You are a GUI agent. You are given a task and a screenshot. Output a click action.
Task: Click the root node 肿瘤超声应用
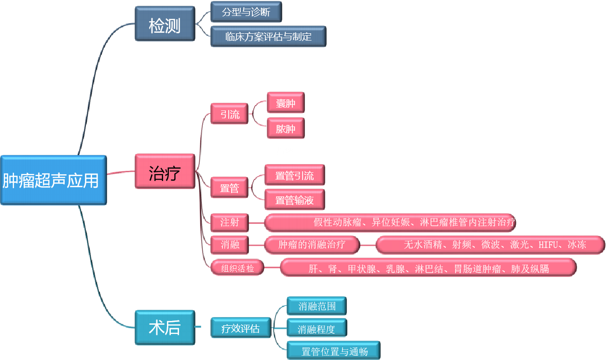pos(53,180)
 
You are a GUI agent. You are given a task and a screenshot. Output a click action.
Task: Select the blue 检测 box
pos(165,24)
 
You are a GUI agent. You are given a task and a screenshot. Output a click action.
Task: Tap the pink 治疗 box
pos(165,171)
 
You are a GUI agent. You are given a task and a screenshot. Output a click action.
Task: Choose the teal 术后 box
pos(165,327)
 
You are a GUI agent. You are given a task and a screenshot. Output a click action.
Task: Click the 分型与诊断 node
pos(246,12)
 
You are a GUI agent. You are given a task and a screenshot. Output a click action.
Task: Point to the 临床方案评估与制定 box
pos(268,36)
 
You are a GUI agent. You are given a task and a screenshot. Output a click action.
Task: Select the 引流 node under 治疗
pos(230,114)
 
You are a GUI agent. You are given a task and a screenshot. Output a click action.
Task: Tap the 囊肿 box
pos(286,103)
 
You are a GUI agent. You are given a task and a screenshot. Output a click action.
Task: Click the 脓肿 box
pos(286,128)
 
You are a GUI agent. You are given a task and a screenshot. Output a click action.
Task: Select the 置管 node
pos(230,188)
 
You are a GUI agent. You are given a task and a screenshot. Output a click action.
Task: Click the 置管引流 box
pos(294,175)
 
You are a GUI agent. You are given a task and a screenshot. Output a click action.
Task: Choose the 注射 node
pos(230,222)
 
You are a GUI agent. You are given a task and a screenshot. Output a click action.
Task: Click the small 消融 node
pos(230,245)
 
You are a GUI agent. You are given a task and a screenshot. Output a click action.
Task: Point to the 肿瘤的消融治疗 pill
pos(312,245)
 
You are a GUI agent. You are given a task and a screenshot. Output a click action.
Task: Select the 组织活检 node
pos(237,268)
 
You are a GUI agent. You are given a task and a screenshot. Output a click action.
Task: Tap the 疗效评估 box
pos(240,328)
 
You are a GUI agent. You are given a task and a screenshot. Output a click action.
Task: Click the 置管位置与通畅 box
pos(333,351)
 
